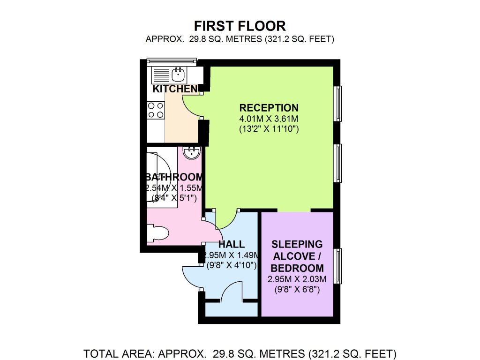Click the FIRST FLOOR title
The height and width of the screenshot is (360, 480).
(x=240, y=26)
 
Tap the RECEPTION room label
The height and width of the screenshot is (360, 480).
(x=269, y=108)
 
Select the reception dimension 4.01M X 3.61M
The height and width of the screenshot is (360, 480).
(x=269, y=119)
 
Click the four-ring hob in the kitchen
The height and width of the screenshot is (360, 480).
(x=156, y=111)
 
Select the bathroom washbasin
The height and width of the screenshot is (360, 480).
(x=192, y=152)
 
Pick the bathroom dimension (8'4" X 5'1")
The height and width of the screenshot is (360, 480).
(x=174, y=198)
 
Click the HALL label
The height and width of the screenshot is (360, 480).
(x=232, y=244)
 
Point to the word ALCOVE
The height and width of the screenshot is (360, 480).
(x=294, y=256)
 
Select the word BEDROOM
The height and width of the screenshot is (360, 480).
(x=297, y=268)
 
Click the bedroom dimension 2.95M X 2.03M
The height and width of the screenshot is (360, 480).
(x=297, y=279)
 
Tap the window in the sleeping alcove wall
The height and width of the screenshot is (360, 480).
(x=337, y=266)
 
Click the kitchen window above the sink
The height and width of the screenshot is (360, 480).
(x=172, y=61)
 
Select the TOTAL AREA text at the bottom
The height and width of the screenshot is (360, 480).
(x=240, y=353)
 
